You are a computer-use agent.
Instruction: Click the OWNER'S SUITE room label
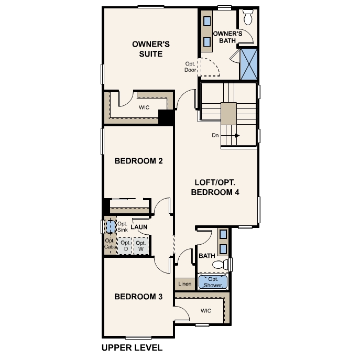click(x=147, y=49)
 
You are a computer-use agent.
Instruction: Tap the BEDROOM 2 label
click(x=138, y=161)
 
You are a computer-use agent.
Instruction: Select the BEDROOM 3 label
click(x=138, y=297)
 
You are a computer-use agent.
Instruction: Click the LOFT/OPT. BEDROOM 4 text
click(x=215, y=187)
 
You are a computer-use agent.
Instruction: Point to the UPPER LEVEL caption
click(x=132, y=347)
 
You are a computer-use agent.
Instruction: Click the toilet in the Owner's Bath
click(x=248, y=18)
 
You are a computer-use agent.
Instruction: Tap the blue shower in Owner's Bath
click(x=249, y=64)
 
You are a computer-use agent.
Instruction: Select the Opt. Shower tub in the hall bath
click(x=213, y=282)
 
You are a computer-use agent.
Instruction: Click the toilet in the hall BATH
click(x=224, y=264)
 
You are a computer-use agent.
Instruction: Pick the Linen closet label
click(x=184, y=284)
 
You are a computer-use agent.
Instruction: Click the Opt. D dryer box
click(x=125, y=246)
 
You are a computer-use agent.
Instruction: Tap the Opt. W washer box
click(x=140, y=246)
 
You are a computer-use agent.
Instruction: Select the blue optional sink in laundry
click(x=110, y=226)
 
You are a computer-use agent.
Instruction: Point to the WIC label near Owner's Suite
click(x=144, y=107)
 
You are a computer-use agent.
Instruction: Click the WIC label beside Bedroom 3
click(x=206, y=311)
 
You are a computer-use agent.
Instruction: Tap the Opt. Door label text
click(x=190, y=67)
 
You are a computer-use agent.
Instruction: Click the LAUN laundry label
click(x=139, y=227)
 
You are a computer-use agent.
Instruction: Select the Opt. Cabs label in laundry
click(x=110, y=244)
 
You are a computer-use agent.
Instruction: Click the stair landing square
click(x=228, y=113)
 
